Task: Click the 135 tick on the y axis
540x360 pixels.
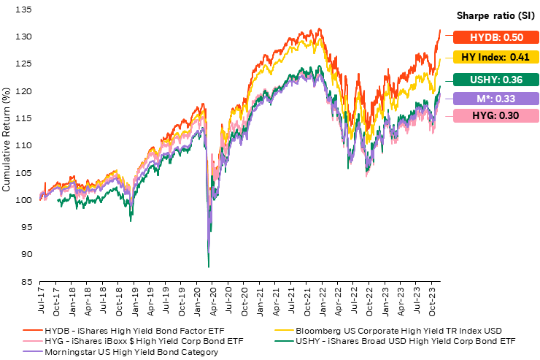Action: [26, 9]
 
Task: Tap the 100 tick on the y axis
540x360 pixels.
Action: [26, 200]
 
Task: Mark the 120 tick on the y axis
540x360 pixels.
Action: [26, 91]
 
